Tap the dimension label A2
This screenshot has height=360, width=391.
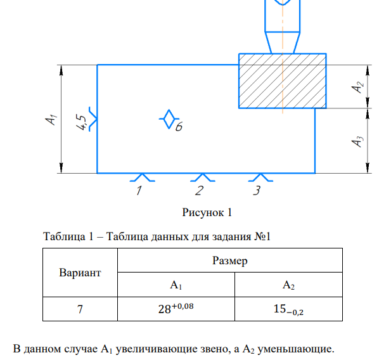[358, 87]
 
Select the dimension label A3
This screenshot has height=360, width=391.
[358, 141]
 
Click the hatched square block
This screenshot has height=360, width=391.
[282, 80]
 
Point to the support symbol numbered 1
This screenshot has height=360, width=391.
[143, 177]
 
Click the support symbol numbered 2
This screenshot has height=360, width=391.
[202, 177]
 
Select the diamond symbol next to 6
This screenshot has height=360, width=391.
[168, 119]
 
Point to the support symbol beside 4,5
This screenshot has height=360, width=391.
[93, 119]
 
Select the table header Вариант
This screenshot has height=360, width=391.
[80, 273]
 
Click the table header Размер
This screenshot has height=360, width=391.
[229, 260]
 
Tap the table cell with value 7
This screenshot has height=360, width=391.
[80, 310]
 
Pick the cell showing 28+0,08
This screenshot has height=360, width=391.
[176, 310]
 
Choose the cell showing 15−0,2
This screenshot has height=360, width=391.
[288, 310]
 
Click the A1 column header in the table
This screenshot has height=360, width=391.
[176, 285]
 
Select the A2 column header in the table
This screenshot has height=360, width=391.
[288, 285]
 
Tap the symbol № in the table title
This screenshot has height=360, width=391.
[259, 237]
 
